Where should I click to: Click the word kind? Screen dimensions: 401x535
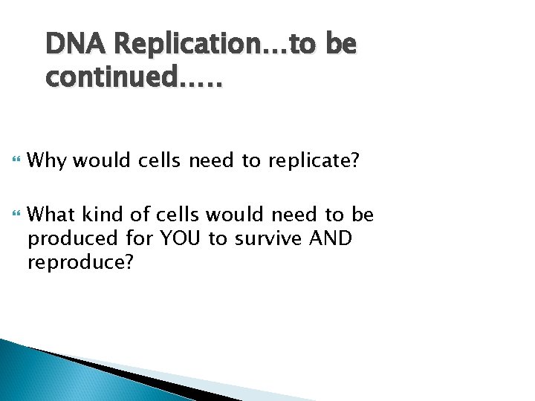pos(101,215)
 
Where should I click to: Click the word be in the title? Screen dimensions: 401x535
pos(341,46)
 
